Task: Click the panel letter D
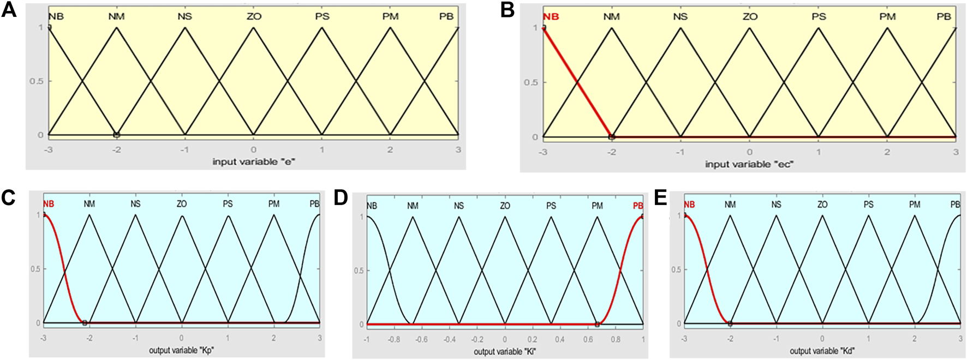pos(341,197)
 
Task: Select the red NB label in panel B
pos(551,16)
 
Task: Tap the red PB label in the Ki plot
pos(637,206)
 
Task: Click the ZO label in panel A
pos(254,16)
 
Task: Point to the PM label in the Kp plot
pos(274,203)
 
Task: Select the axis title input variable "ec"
pos(749,164)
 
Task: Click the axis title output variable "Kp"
pos(181,350)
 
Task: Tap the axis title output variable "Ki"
pos(505,351)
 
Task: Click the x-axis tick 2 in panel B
pos(887,152)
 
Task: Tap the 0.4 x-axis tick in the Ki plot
pos(560,339)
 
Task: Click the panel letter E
pos(660,197)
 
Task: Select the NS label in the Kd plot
pos(776,205)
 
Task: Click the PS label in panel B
pos(819,16)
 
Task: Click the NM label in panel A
pos(116,16)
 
